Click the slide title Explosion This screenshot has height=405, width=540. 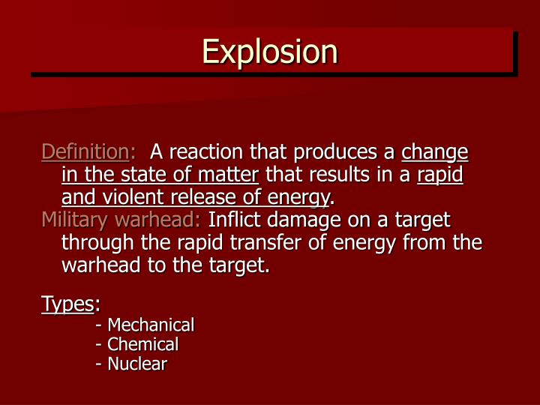tap(269, 52)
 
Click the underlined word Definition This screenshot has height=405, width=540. tap(84, 152)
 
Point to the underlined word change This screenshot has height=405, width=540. tap(434, 153)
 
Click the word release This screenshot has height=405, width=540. tap(192, 197)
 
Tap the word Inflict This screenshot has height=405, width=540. tap(231, 220)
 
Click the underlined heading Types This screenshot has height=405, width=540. tap(67, 304)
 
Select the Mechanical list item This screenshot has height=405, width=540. tap(145, 325)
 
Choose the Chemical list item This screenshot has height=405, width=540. tap(138, 344)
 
